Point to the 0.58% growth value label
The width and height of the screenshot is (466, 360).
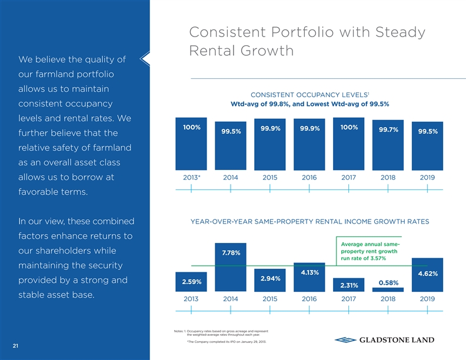pyautogui.click(x=390, y=282)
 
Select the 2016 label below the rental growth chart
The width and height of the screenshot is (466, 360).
pyautogui.click(x=309, y=298)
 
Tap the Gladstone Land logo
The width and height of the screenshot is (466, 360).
pyautogui.click(x=384, y=340)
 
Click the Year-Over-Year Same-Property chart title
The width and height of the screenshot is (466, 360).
pyautogui.click(x=310, y=221)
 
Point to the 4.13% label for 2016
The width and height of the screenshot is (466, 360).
pyautogui.click(x=309, y=272)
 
